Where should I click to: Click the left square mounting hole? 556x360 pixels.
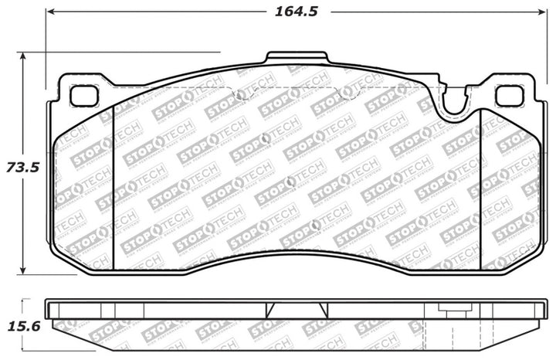point(81,95)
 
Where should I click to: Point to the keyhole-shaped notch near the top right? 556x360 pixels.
point(456,100)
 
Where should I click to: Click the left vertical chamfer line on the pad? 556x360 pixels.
point(114,185)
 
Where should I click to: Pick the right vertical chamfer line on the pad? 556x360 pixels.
point(480,185)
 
